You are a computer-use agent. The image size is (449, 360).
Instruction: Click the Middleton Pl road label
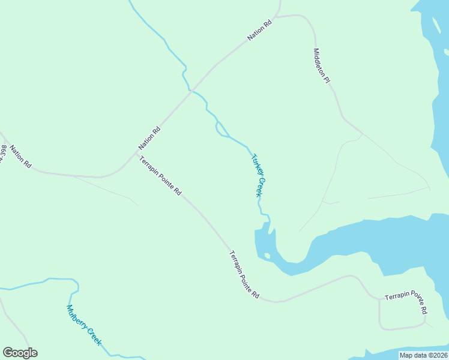(x=322, y=66)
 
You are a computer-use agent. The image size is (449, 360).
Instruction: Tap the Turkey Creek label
(x=257, y=175)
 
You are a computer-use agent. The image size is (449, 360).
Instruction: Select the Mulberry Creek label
(x=84, y=326)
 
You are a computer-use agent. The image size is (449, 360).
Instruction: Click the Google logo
(x=20, y=353)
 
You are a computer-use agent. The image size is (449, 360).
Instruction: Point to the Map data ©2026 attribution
(x=423, y=355)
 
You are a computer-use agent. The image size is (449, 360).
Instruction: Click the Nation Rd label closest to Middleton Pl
(x=260, y=31)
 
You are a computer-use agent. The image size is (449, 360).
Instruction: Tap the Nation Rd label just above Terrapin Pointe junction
(x=149, y=138)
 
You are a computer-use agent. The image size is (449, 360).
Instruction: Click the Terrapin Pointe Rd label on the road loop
(x=406, y=303)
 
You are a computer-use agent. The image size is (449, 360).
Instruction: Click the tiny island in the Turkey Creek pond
(x=267, y=256)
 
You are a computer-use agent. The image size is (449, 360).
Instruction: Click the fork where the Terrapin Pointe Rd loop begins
(x=379, y=298)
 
